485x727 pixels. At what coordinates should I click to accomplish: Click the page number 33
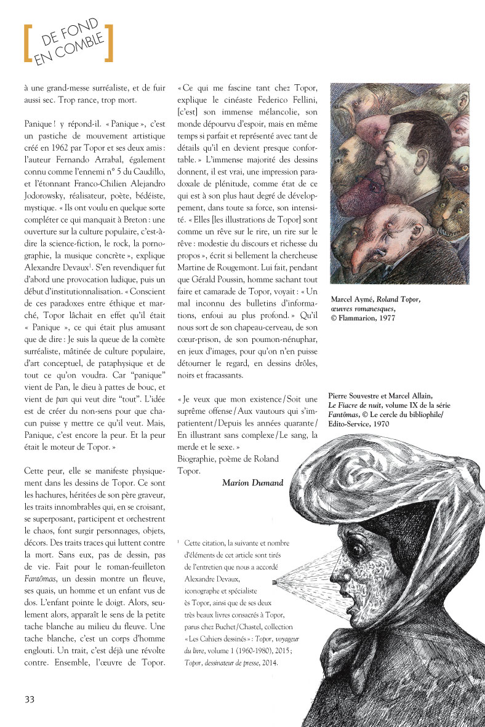[30, 699]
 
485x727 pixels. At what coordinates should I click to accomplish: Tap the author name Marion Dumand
[252, 482]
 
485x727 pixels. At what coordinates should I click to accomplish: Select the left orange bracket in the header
[27, 43]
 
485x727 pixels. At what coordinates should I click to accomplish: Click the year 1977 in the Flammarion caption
[383, 318]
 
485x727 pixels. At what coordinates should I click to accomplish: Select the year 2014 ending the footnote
[268, 662]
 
